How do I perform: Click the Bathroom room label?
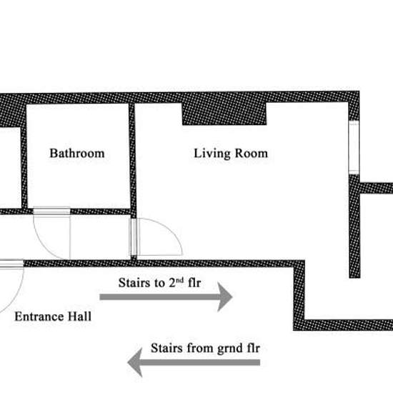[x=77, y=153]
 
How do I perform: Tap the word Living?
[x=212, y=154]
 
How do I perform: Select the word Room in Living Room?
[x=252, y=153]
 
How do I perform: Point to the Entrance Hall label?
[x=53, y=317]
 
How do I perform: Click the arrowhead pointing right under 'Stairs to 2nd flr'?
[x=224, y=297]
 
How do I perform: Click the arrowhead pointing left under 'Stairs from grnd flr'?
[x=135, y=362]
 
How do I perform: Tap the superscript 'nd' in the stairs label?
[x=179, y=279]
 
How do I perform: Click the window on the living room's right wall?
[x=354, y=147]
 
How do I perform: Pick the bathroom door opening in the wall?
[x=51, y=211]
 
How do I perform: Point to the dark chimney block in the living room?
[x=224, y=114]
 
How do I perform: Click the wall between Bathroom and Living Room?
[x=133, y=160]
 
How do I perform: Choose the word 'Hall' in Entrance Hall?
[x=80, y=317]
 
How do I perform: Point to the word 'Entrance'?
[x=39, y=317]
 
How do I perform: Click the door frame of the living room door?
[x=133, y=237]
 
